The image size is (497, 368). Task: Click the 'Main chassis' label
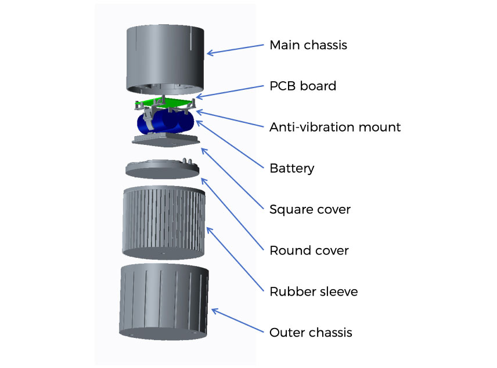308,45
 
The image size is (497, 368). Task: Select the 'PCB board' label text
302,86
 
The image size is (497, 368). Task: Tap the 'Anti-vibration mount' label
335,127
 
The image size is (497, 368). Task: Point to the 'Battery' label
292,168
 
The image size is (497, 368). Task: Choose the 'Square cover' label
310,209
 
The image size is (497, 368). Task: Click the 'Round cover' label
309,250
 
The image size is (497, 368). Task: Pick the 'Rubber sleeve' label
314,292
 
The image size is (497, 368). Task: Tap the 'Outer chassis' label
311,333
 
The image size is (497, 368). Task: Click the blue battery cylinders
165,122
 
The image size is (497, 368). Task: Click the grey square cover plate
166,140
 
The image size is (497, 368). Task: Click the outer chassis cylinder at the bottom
164,302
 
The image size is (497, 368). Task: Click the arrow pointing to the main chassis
235,50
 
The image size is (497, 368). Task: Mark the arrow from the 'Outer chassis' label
237,320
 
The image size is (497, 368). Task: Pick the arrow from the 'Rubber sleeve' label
235,259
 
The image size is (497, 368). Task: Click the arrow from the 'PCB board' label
230,92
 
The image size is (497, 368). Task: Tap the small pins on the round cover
188,161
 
